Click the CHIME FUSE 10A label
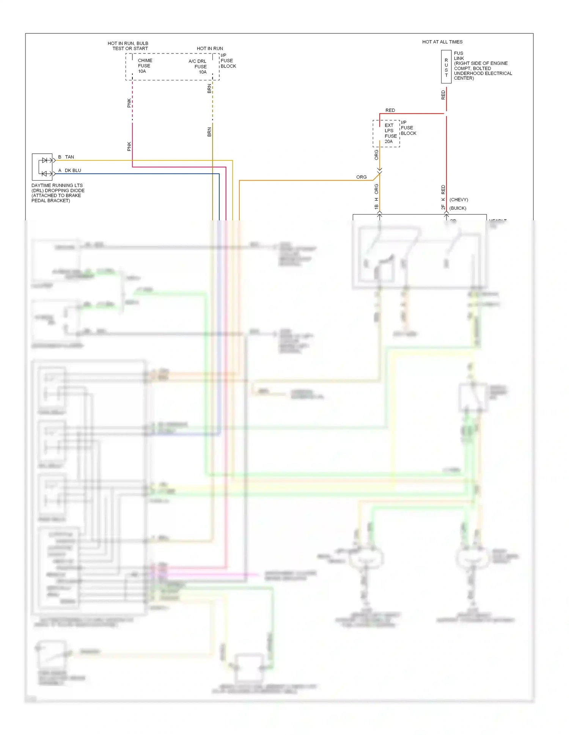click(145, 66)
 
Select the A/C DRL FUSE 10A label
click(198, 66)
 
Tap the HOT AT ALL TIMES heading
click(442, 42)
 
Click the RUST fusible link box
click(446, 67)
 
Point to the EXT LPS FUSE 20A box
click(387, 133)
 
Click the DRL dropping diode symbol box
click(42, 167)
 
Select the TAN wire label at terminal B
click(69, 157)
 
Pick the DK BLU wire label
click(73, 171)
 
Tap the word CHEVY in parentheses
click(459, 200)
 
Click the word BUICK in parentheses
click(458, 208)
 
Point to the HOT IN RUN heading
click(210, 49)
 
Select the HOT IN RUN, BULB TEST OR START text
click(128, 46)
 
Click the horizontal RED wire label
click(390, 110)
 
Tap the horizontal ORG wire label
click(361, 177)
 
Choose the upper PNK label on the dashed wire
click(129, 103)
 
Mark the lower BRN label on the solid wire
click(209, 132)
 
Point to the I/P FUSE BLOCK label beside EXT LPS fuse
click(408, 128)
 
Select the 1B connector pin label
click(376, 207)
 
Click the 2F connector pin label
click(443, 207)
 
